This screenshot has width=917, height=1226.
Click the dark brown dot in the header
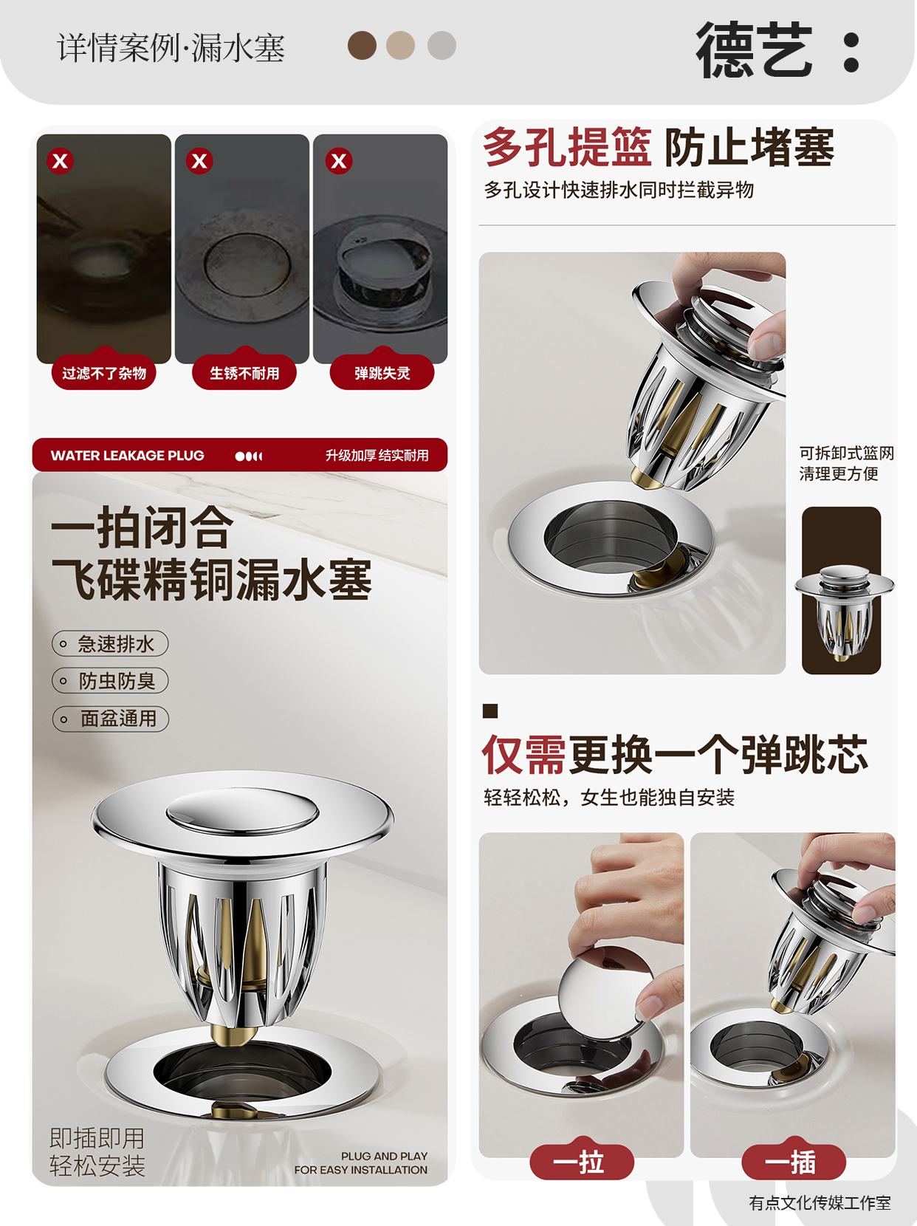[x=362, y=45]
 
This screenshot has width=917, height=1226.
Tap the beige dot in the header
[x=400, y=45]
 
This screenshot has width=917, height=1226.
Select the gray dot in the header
[x=442, y=45]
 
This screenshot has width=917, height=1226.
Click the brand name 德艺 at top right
[x=754, y=49]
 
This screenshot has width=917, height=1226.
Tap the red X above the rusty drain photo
[x=199, y=161]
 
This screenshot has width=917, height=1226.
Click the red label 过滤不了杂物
[x=104, y=372]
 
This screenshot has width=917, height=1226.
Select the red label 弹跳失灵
[x=382, y=372]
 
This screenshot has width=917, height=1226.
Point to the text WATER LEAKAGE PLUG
[x=127, y=455]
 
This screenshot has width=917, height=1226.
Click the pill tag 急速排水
[x=110, y=644]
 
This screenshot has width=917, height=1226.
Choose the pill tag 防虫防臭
[x=110, y=681]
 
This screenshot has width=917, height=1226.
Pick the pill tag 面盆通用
[x=110, y=719]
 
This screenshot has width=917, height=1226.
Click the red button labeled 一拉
[x=582, y=1162]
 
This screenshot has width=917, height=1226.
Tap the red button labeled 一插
[x=793, y=1162]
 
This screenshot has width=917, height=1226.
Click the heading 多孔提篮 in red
[x=566, y=147]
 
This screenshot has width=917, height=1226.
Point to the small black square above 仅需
[x=490, y=710]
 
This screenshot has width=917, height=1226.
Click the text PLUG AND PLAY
[x=384, y=1156]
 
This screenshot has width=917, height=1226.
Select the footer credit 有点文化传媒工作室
[x=820, y=1202]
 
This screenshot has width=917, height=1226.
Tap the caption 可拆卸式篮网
[x=846, y=453]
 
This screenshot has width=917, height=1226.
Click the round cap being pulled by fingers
[x=605, y=993]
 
